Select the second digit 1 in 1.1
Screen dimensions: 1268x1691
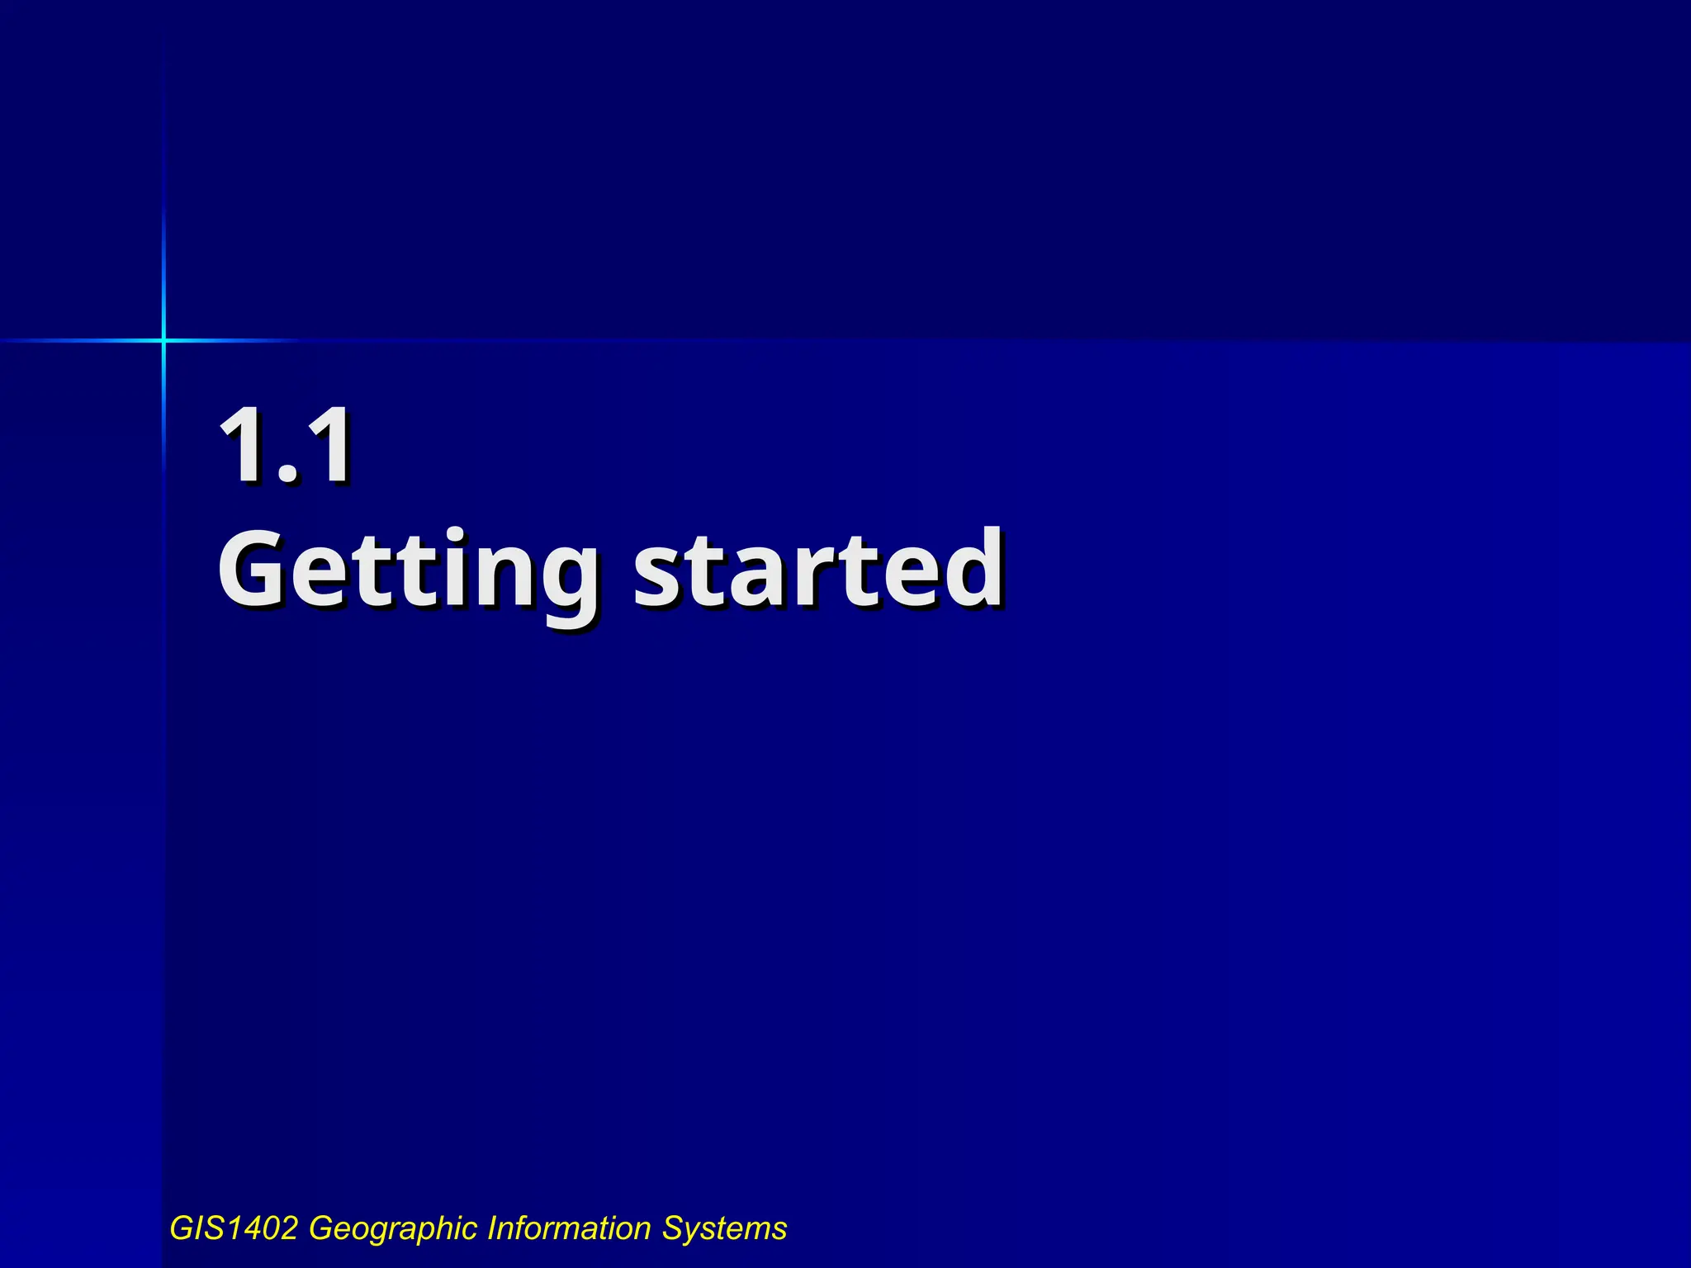pos(329,446)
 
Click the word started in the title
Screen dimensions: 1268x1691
pos(818,570)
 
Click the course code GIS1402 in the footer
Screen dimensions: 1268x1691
pos(234,1228)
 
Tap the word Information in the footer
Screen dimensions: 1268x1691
pos(570,1228)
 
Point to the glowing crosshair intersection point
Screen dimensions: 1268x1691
pos(163,340)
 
